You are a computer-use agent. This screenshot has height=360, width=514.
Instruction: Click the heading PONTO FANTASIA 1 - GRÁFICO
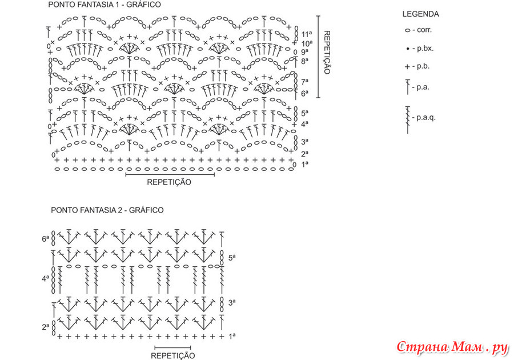(x=105, y=5)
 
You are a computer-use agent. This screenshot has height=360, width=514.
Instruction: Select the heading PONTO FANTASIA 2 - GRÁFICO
(x=107, y=210)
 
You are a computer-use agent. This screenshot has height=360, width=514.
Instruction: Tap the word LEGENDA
(x=420, y=14)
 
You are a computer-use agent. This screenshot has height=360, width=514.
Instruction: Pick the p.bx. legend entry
(x=420, y=49)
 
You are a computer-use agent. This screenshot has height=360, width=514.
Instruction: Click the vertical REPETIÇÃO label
(x=327, y=53)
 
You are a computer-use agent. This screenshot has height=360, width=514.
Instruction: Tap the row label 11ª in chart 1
(x=307, y=34)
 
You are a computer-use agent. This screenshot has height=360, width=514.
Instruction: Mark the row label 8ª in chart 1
(x=305, y=61)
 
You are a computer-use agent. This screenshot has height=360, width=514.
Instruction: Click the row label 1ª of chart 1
(x=305, y=164)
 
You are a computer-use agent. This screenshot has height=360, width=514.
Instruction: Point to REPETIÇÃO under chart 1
(x=169, y=182)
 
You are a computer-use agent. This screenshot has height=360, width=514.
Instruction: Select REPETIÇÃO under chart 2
(x=172, y=356)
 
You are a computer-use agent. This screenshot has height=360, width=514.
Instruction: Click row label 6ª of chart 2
(x=45, y=239)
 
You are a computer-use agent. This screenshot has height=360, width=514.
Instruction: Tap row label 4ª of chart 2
(x=45, y=279)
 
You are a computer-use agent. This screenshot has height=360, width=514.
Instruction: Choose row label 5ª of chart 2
(x=232, y=258)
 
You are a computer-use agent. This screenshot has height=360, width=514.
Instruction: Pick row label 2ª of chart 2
(x=45, y=326)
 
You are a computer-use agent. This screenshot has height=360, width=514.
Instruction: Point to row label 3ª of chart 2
(x=232, y=302)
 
